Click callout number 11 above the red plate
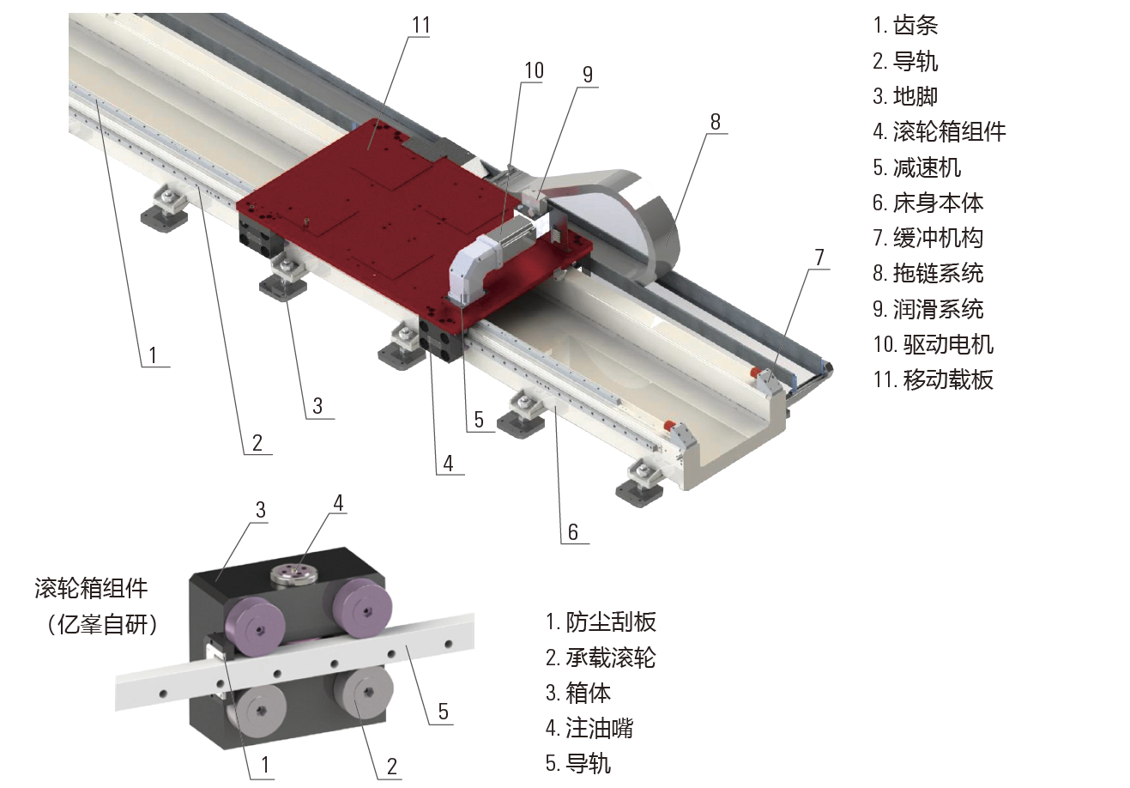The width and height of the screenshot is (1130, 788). point(421,25)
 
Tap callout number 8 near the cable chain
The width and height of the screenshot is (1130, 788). point(716,122)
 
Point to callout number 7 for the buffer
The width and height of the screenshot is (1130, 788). point(819,258)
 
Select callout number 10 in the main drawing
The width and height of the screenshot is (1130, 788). point(535,70)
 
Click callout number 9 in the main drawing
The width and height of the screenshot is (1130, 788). point(588,75)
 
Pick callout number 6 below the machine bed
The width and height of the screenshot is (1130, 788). point(573,532)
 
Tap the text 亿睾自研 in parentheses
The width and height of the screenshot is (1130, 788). point(103,625)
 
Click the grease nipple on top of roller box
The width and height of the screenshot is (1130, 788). point(295,576)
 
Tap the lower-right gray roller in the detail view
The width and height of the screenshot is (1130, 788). point(362,694)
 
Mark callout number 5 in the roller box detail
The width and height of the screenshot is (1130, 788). point(443,712)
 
